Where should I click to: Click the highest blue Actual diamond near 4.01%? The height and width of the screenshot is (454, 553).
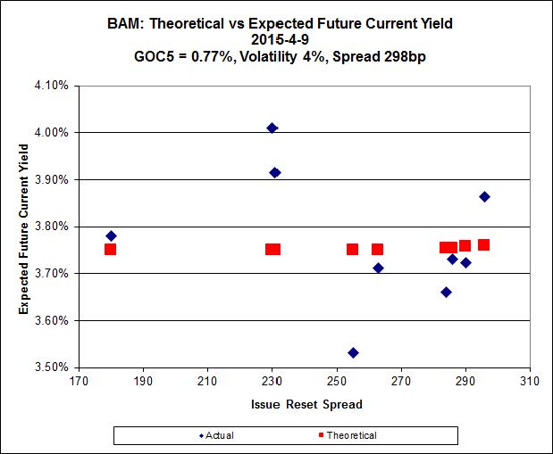click(x=272, y=128)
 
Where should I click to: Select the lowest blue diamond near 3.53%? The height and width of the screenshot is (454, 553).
click(x=353, y=352)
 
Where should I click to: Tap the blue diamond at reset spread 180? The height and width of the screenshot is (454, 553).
click(x=111, y=235)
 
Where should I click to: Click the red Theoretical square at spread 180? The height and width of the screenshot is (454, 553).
click(x=110, y=249)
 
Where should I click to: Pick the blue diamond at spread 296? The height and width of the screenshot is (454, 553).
click(x=484, y=196)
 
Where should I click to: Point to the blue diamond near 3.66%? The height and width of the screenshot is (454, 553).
click(x=446, y=292)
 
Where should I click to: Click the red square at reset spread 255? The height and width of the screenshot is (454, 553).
click(x=353, y=249)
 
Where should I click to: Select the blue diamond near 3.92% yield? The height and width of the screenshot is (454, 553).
click(x=275, y=172)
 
